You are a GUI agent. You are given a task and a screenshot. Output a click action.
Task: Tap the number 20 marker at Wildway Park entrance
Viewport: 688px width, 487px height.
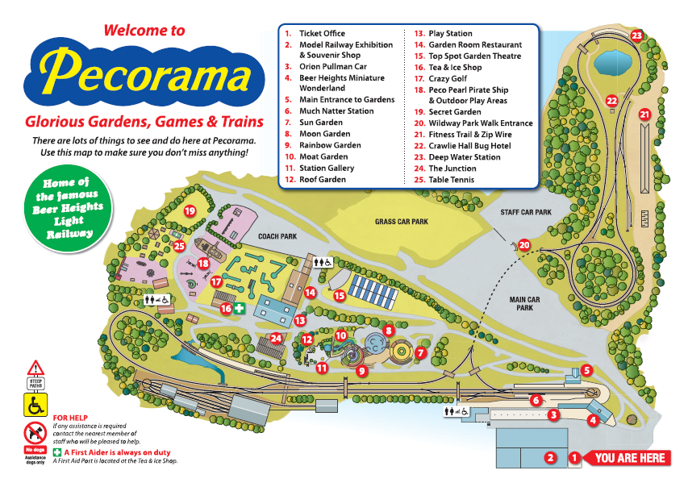tap(524, 245)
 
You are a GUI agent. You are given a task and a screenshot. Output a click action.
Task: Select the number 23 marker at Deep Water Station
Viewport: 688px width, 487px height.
tap(637, 35)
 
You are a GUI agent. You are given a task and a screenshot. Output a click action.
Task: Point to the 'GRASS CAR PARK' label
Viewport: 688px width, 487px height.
tap(401, 221)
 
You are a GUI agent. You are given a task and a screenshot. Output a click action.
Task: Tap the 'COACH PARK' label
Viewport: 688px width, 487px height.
tap(278, 237)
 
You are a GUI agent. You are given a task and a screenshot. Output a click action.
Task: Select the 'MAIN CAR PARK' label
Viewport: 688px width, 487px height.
tap(523, 303)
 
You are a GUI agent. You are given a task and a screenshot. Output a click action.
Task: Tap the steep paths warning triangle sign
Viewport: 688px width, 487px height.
tap(35, 370)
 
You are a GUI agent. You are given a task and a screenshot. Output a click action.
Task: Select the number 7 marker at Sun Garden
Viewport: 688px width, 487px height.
tap(419, 352)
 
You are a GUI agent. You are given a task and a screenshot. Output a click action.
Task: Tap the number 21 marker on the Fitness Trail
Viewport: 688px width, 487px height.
tap(644, 114)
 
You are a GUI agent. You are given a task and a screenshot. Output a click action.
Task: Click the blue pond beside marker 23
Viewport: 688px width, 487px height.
tap(612, 61)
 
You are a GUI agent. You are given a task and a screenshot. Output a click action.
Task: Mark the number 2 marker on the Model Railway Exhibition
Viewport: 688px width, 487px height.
tap(550, 458)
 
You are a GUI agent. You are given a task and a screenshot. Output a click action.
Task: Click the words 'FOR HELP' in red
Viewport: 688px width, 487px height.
tap(69, 417)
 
